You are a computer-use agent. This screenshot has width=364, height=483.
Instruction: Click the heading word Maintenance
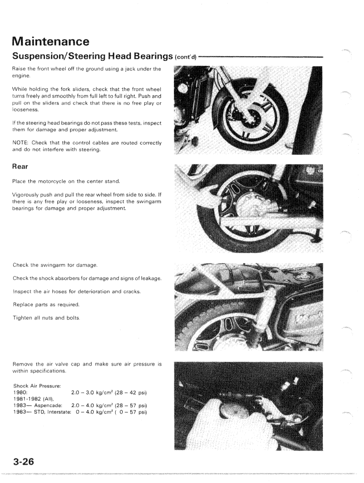pos(51,42)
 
